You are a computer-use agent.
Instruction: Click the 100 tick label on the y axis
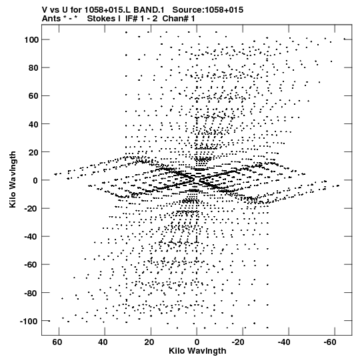point(31,40)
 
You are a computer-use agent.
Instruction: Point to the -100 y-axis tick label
point(29,322)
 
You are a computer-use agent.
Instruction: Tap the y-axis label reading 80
point(33,68)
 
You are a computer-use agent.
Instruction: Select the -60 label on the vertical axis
point(31,265)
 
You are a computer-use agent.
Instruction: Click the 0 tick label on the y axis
point(35,180)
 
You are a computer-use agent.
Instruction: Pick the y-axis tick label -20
point(31,209)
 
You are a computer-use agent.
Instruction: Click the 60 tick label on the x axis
point(57,342)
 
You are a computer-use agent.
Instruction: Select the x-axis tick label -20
point(238,342)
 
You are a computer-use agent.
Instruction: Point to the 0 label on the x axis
point(197,342)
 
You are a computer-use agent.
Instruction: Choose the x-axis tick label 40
point(103,342)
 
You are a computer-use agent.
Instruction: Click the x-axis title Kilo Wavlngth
point(197,351)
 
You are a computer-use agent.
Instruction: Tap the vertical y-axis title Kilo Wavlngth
point(13,179)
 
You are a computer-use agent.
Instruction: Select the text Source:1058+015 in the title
point(208,10)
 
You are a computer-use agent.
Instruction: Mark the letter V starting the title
point(45,10)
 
